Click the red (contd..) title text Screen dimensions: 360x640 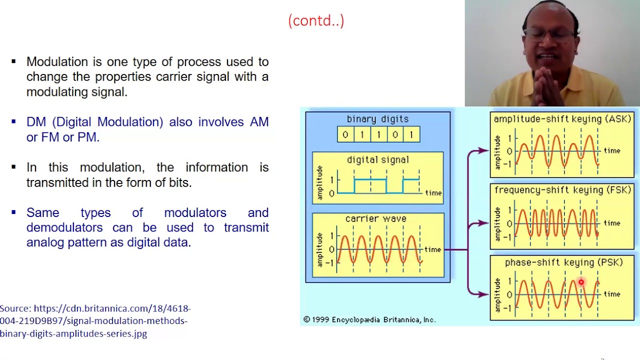(x=316, y=20)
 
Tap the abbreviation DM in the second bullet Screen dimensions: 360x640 (x=36, y=122)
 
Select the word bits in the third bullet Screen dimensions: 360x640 (x=179, y=182)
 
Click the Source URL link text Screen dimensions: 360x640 (x=95, y=320)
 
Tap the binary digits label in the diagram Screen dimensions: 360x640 (x=377, y=119)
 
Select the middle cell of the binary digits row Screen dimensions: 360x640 (x=378, y=134)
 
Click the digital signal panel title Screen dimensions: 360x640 (x=377, y=160)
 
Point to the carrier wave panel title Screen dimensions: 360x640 (x=375, y=219)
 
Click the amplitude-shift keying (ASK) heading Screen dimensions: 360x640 (x=562, y=119)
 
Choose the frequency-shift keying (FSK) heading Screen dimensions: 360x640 (x=562, y=190)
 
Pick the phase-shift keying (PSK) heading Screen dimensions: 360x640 (x=563, y=262)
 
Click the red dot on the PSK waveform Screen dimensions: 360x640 (x=581, y=283)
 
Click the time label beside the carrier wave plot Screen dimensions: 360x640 (x=432, y=249)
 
